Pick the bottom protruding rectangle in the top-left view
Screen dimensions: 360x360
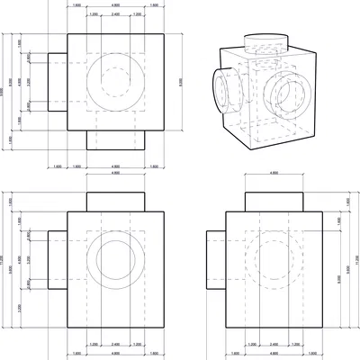click(x=114, y=139)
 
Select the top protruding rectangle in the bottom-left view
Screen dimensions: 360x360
click(x=114, y=202)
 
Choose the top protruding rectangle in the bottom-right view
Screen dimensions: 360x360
click(x=274, y=202)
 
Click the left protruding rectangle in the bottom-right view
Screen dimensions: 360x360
click(x=216, y=261)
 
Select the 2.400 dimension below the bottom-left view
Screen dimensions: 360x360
click(x=114, y=344)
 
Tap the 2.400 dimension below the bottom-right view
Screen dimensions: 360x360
click(x=274, y=344)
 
